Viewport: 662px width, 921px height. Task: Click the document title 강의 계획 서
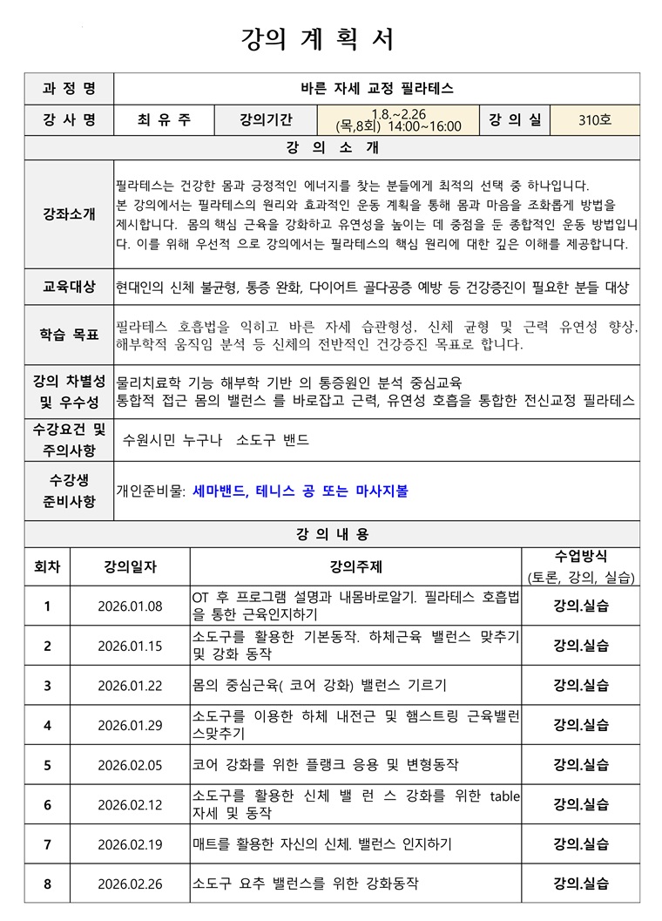tap(318, 39)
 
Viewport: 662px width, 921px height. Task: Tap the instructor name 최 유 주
tap(164, 119)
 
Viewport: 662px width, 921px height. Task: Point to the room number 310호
tap(595, 119)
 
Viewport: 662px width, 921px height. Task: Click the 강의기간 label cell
tap(267, 119)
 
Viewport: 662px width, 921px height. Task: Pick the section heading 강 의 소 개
tap(331, 147)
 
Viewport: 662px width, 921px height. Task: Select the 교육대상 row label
tap(69, 287)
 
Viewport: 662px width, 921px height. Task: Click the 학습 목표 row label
tap(69, 335)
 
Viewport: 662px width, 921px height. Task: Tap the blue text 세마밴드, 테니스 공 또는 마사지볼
tap(301, 491)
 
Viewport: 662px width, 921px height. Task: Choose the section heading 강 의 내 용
tap(331, 533)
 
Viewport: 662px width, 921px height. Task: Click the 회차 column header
tap(47, 566)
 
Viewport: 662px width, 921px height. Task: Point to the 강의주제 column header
tap(355, 566)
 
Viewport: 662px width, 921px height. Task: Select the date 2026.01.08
tap(130, 606)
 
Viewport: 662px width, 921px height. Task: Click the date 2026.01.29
tap(130, 725)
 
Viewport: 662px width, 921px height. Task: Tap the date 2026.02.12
tap(130, 804)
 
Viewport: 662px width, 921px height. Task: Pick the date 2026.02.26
tap(130, 884)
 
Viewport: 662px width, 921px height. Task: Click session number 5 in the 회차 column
tap(47, 765)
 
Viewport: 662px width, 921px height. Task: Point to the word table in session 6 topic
tap(504, 795)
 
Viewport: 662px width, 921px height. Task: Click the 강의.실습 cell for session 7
tap(581, 843)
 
